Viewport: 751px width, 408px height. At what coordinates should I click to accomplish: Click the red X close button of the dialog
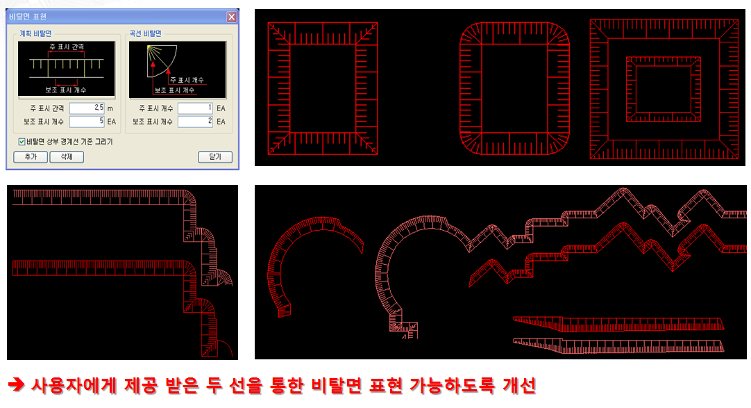231,17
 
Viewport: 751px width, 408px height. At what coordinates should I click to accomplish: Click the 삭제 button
67,157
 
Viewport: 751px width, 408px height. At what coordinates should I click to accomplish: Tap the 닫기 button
215,157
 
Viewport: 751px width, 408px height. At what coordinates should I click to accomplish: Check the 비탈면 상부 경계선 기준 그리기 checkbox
22,141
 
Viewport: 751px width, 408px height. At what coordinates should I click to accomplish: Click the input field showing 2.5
87,108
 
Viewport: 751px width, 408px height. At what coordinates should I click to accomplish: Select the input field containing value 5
87,122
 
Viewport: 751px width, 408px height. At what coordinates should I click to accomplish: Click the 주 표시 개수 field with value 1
195,108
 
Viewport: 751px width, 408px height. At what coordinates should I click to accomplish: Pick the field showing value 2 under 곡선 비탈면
195,122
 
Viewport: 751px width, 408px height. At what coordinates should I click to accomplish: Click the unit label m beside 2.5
110,109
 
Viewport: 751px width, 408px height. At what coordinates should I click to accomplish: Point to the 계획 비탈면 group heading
35,33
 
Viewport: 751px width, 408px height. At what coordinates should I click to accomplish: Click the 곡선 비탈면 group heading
145,33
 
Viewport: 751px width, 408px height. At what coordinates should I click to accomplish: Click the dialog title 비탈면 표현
28,17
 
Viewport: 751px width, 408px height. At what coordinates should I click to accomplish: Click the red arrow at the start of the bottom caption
16,384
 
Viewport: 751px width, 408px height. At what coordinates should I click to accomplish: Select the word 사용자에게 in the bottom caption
74,386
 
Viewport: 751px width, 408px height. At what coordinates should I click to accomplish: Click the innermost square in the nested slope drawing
664,89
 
